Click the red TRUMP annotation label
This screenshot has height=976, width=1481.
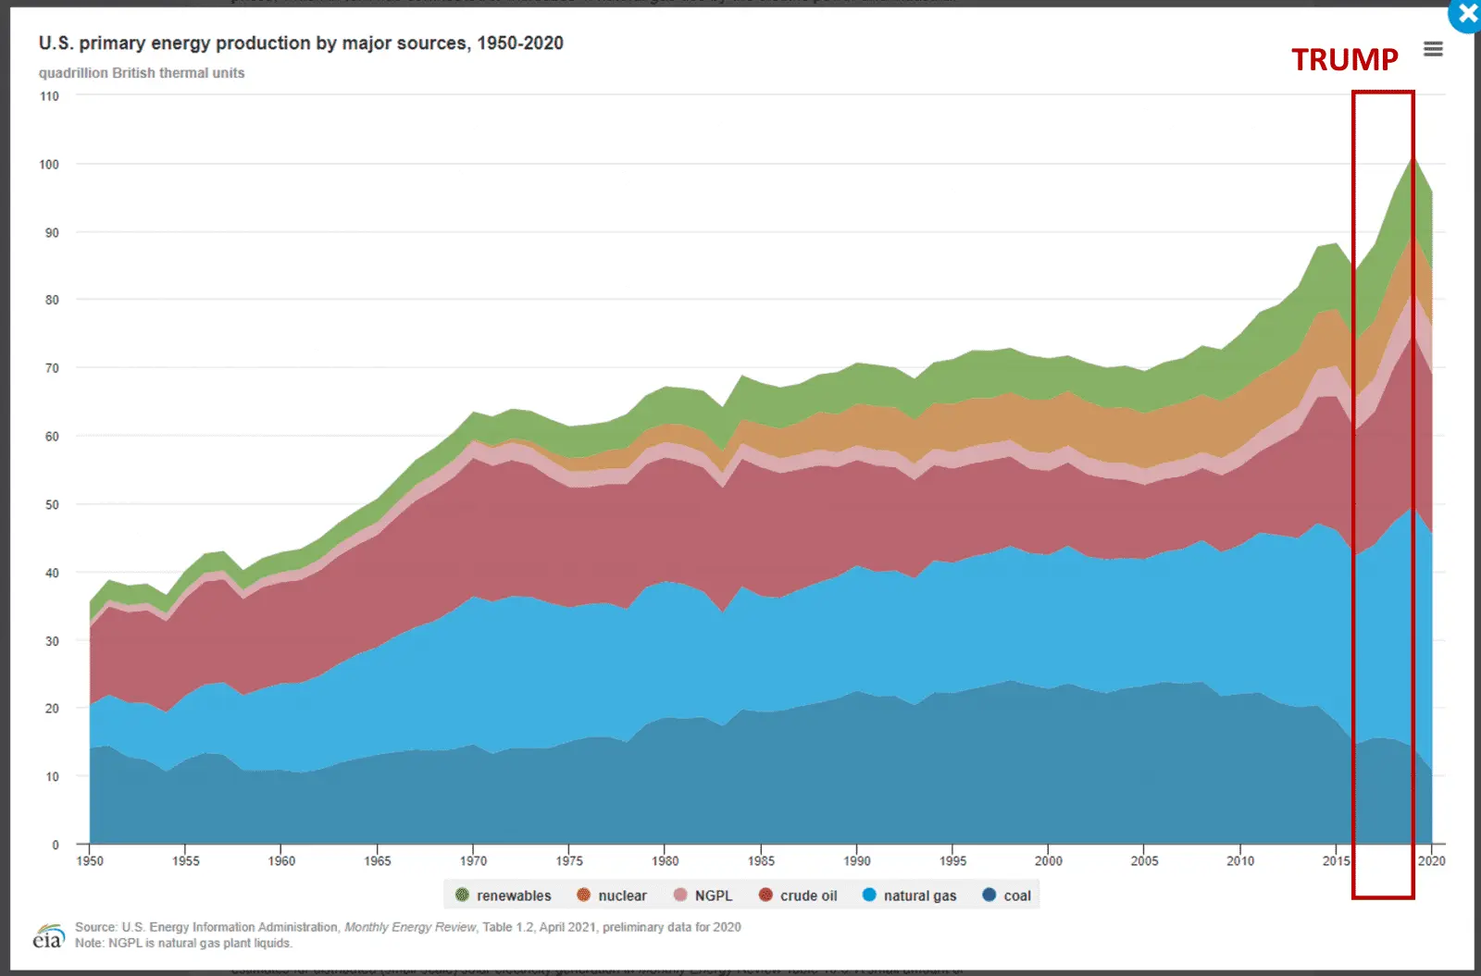1344,60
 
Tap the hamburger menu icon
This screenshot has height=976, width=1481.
1433,49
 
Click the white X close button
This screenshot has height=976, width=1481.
1467,15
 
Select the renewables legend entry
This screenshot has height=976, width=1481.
504,896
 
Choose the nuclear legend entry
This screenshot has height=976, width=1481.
612,896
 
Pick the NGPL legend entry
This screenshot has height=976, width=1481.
703,896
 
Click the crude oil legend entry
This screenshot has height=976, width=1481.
798,896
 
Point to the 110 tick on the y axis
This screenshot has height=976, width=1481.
49,96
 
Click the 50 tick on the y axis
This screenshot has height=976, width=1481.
52,505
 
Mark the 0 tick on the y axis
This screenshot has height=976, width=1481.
56,845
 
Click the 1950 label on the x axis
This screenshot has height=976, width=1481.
90,861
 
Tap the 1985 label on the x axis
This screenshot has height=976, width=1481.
761,861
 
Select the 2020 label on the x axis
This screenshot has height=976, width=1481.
1431,861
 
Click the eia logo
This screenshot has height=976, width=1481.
48,937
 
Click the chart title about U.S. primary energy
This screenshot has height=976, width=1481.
301,43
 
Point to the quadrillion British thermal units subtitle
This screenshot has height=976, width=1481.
142,73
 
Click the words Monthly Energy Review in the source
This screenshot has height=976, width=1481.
410,927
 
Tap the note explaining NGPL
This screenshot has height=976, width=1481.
183,944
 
